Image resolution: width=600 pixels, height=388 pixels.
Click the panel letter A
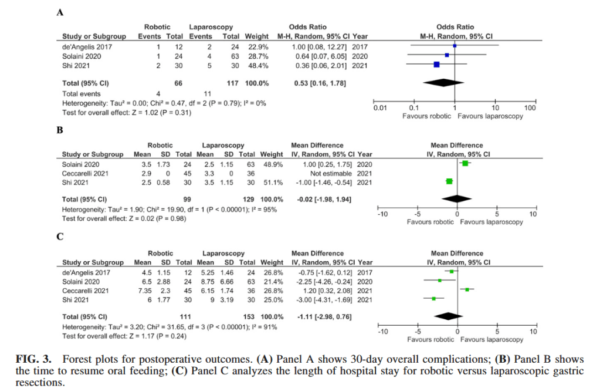point(60,14)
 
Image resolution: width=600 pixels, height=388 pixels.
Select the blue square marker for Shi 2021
point(436,65)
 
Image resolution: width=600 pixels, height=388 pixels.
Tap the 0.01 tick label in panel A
point(380,109)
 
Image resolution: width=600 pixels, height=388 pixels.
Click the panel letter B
point(59,130)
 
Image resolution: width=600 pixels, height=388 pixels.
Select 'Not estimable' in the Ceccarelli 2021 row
point(331,173)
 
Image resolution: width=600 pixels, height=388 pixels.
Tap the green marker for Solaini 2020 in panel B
point(465,163)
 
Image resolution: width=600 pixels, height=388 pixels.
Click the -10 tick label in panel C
point(382,332)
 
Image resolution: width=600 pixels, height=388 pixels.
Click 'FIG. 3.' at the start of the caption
point(34,359)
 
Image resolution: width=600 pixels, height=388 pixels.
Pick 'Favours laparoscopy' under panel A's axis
point(491,116)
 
